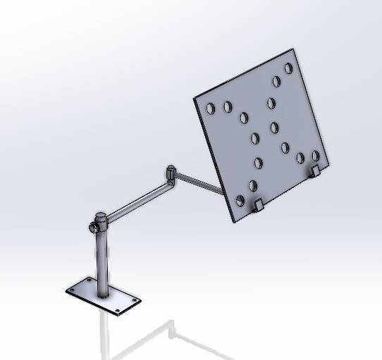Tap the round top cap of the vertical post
click(x=101, y=215)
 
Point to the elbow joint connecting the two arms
click(x=171, y=171)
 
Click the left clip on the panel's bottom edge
click(x=258, y=205)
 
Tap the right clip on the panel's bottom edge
click(x=315, y=170)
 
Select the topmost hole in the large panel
click(x=288, y=68)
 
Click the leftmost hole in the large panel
click(x=210, y=108)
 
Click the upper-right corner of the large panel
click(x=293, y=50)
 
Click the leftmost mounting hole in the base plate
click(x=73, y=290)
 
